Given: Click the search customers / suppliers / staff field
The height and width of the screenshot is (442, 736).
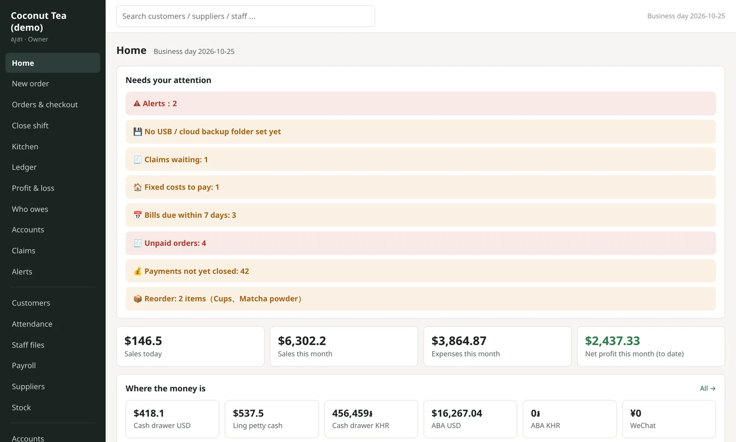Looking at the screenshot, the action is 246,16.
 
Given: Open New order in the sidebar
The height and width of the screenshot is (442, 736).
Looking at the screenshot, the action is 30,83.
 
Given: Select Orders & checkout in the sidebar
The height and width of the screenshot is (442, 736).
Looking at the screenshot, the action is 45,105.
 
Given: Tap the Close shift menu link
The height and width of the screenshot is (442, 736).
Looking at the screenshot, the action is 30,126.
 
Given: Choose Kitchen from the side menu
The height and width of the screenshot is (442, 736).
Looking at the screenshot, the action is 25,146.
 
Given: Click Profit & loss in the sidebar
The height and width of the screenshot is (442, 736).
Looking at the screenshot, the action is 33,188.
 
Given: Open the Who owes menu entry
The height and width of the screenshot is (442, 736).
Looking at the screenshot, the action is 30,209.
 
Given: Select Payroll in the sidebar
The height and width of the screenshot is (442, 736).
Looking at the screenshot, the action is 23,366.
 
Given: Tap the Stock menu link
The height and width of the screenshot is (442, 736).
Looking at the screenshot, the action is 21,407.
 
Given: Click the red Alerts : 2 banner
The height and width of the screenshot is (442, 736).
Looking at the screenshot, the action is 420,104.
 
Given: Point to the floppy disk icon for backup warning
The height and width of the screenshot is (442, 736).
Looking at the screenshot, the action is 138,132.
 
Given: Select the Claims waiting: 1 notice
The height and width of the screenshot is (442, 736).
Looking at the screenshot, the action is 420,159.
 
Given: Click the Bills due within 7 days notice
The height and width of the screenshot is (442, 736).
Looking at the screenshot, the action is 420,215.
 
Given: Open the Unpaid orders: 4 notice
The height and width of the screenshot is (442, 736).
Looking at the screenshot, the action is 420,243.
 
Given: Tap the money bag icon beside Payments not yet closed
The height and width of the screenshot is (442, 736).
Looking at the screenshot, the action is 138,271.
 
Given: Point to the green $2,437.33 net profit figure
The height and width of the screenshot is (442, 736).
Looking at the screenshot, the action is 612,341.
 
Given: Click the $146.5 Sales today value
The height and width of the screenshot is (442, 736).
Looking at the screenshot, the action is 143,341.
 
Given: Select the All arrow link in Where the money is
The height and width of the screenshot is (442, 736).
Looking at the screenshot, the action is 707,389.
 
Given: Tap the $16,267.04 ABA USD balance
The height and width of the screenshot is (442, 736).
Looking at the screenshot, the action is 457,413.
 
